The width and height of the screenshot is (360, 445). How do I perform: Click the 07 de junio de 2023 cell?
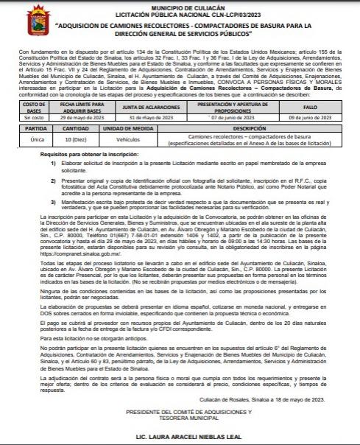click(224, 116)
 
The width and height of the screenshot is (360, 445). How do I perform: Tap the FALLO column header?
click(308, 106)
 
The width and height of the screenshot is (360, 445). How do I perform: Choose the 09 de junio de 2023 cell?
click(308, 116)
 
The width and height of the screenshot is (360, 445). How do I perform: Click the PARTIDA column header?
click(32, 128)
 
